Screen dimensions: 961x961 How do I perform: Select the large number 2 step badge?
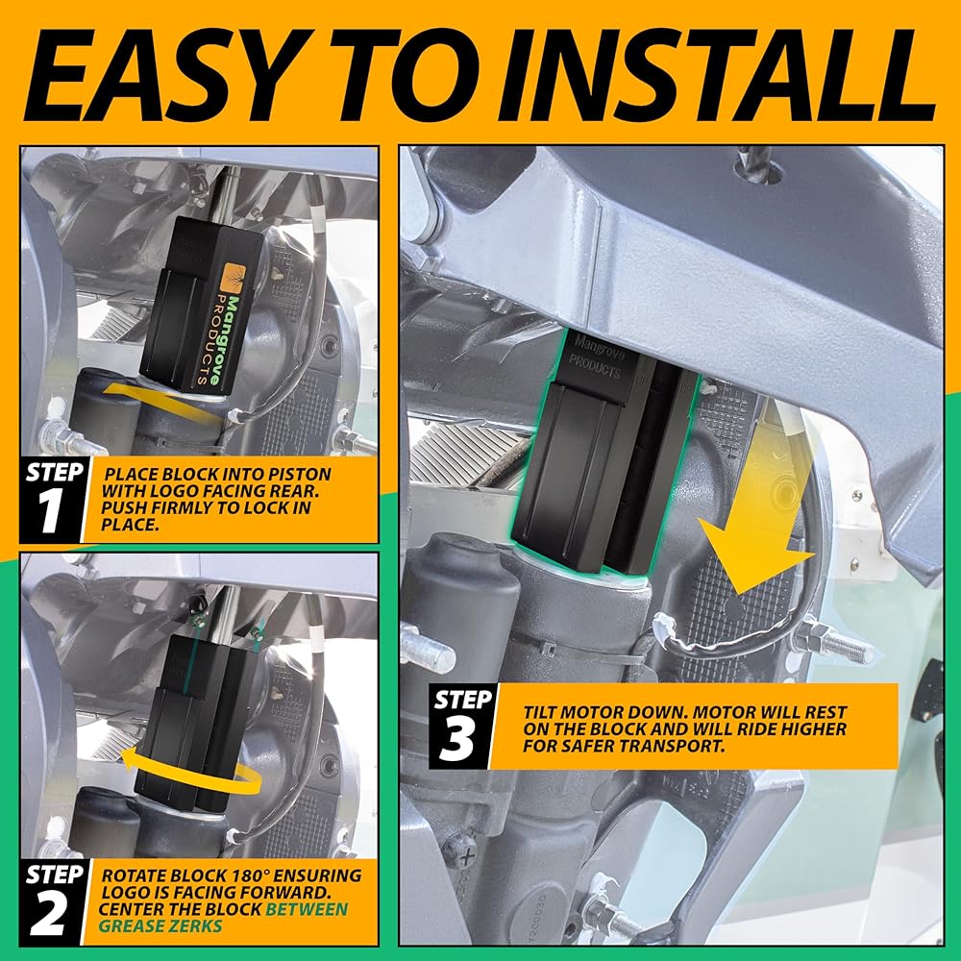pos(48,915)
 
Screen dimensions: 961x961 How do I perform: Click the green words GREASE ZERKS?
pos(160,925)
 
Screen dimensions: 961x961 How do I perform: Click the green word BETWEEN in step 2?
pos(307,909)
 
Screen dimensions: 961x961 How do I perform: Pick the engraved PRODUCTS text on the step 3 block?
pos(595,366)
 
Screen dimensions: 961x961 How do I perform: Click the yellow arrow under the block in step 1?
pos(162,402)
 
